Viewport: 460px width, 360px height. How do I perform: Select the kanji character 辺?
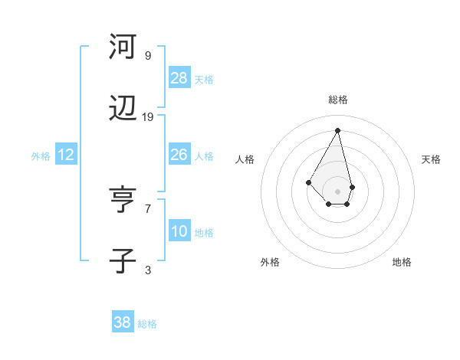pyautogui.click(x=123, y=112)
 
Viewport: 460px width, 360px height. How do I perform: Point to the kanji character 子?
pyautogui.click(x=123, y=260)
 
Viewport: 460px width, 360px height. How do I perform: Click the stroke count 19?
pyautogui.click(x=148, y=117)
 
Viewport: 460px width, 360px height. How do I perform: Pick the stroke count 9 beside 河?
pyautogui.click(x=148, y=55)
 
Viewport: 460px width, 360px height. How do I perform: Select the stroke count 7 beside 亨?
pyautogui.click(x=148, y=208)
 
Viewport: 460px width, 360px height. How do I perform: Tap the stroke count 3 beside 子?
pyautogui.click(x=148, y=270)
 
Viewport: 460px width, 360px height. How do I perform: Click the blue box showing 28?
pyautogui.click(x=179, y=77)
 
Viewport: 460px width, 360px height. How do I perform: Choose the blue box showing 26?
pyautogui.click(x=179, y=155)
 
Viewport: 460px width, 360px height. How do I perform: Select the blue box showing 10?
pyautogui.click(x=179, y=231)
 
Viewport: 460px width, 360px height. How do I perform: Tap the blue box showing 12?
pyautogui.click(x=66, y=155)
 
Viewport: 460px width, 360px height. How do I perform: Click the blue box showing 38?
pyautogui.click(x=123, y=323)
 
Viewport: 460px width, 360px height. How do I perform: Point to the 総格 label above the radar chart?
pyautogui.click(x=338, y=100)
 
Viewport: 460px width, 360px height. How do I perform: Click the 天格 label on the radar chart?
pyautogui.click(x=431, y=159)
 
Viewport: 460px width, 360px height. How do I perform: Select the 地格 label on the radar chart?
pyautogui.click(x=402, y=262)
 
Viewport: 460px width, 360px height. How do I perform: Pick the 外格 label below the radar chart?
pyautogui.click(x=270, y=262)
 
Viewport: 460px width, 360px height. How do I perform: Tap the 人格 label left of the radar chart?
pyautogui.click(x=245, y=159)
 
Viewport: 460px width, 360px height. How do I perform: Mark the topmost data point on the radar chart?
pyautogui.click(x=337, y=130)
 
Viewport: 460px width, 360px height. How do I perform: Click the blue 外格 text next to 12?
pyautogui.click(x=41, y=155)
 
